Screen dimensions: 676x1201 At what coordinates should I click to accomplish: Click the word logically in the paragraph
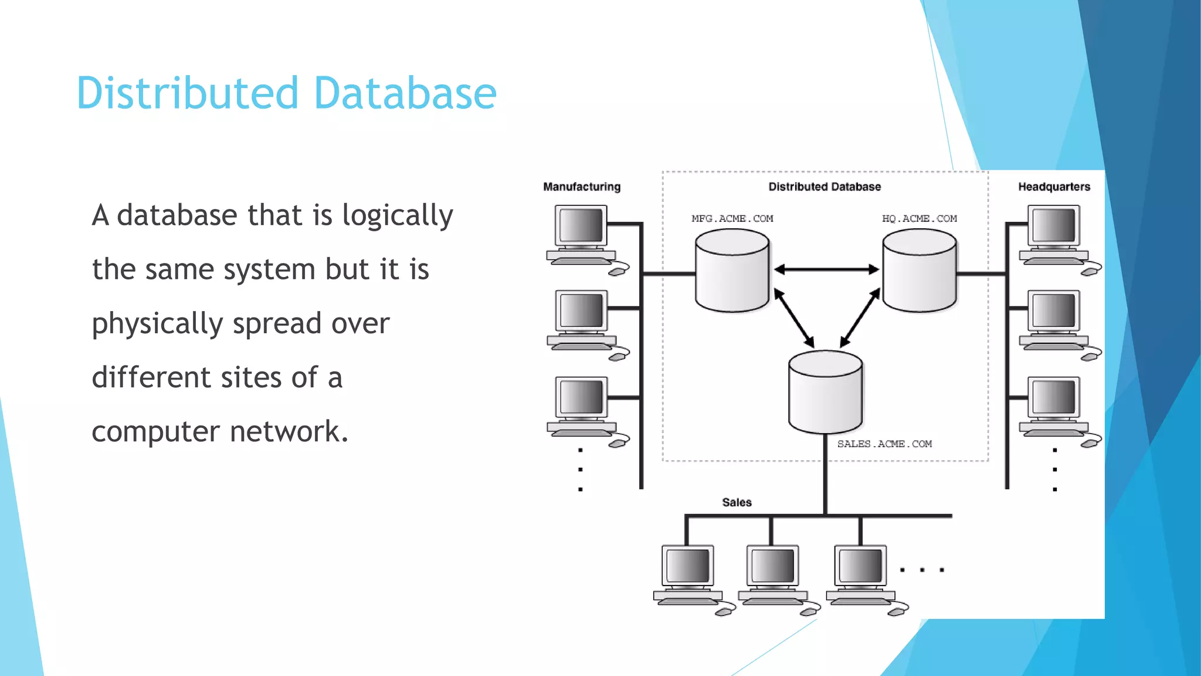397,216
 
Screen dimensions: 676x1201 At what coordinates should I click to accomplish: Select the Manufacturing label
581,187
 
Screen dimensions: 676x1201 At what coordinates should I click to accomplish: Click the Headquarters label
1054,187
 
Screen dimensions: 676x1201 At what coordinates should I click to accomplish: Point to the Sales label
737,502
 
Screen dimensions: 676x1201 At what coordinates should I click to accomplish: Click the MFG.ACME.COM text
732,219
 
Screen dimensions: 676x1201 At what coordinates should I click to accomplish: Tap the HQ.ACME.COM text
919,219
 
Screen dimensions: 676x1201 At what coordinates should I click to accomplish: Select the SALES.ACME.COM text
884,444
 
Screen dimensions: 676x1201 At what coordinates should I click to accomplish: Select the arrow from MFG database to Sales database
793,318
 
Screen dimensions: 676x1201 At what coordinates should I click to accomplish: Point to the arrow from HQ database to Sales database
860,318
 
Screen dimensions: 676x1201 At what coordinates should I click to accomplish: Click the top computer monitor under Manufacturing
581,225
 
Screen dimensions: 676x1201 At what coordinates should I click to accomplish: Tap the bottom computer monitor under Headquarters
1054,397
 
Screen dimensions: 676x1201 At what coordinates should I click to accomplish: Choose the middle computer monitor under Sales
772,566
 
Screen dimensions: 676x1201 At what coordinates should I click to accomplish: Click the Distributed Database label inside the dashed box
825,187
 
